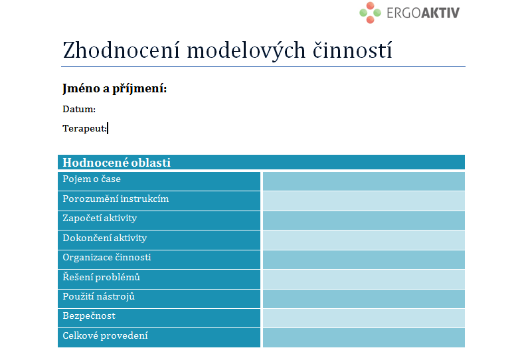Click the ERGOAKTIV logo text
[x=423, y=13]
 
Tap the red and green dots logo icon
[x=370, y=13]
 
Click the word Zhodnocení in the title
[x=122, y=50]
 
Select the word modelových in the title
[x=246, y=50]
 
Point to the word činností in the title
[x=352, y=50]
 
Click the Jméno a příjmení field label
[x=115, y=89]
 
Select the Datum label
[x=79, y=110]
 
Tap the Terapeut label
[x=84, y=128]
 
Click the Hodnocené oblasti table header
[x=117, y=163]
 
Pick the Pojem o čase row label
[x=92, y=179]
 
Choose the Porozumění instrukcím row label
[x=116, y=199]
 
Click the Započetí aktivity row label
[x=100, y=219]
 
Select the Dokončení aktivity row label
[x=104, y=238]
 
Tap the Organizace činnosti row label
[x=107, y=258]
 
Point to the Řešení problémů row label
[x=101, y=277]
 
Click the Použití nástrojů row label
[x=98, y=297]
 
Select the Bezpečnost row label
[x=89, y=316]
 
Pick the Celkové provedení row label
[x=105, y=335]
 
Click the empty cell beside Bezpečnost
[x=363, y=318]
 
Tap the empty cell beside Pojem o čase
[x=363, y=181]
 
